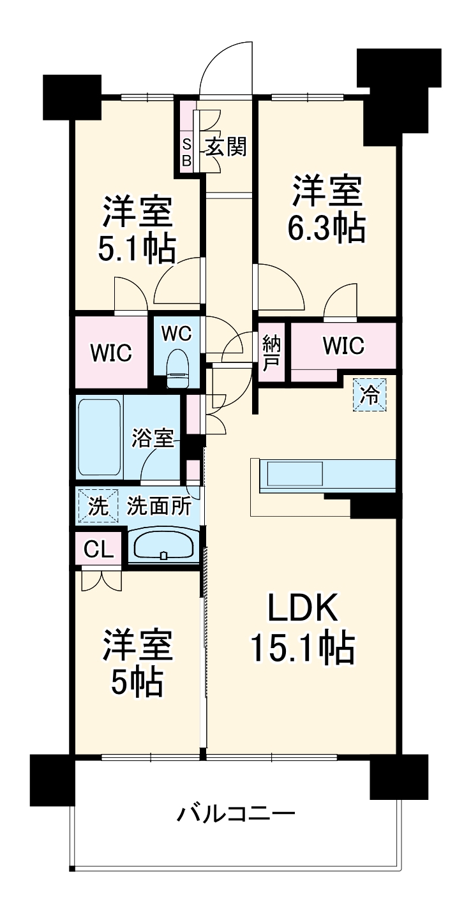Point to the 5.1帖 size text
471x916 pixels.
pos(137,249)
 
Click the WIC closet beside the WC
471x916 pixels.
pos(110,351)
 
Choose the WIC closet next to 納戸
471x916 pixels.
pos(343,345)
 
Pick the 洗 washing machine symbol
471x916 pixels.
pos(98,506)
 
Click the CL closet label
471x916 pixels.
pos(98,549)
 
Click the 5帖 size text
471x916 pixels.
pos(137,684)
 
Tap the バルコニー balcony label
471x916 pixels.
pos(236,814)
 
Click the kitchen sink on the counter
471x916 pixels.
pos(295,474)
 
